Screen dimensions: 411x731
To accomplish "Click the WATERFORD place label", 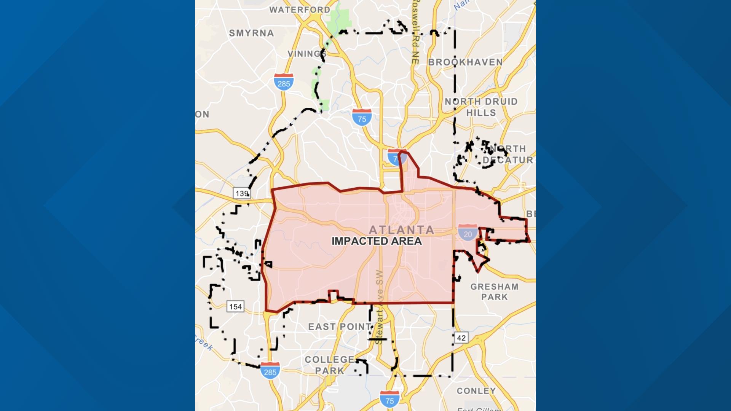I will [x=300, y=10].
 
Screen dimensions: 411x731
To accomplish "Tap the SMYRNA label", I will [x=251, y=33].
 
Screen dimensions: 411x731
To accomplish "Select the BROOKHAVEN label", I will [x=465, y=62].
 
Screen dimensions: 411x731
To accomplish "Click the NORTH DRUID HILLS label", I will [x=481, y=107].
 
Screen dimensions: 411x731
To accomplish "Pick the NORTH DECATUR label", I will [x=508, y=154].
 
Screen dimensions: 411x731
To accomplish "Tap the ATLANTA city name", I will [x=402, y=230].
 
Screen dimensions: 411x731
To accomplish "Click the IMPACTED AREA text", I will [x=377, y=241].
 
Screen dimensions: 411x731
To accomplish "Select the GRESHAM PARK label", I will [x=494, y=292].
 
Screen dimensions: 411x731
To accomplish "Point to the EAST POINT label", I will [x=340, y=327].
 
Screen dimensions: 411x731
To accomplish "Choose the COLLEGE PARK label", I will [x=330, y=365].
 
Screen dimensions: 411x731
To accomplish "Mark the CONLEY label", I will [x=476, y=391].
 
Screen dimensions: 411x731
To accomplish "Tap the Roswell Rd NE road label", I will [x=415, y=32].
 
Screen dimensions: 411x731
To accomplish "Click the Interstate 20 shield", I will [x=468, y=233].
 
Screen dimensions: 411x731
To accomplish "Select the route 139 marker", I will [x=242, y=193].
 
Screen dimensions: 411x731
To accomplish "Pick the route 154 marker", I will [x=235, y=306].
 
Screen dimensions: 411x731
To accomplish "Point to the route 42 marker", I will [x=461, y=338].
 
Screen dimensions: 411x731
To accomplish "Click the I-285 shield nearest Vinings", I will [x=284, y=82].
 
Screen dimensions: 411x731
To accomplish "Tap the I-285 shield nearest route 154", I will [x=270, y=371].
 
